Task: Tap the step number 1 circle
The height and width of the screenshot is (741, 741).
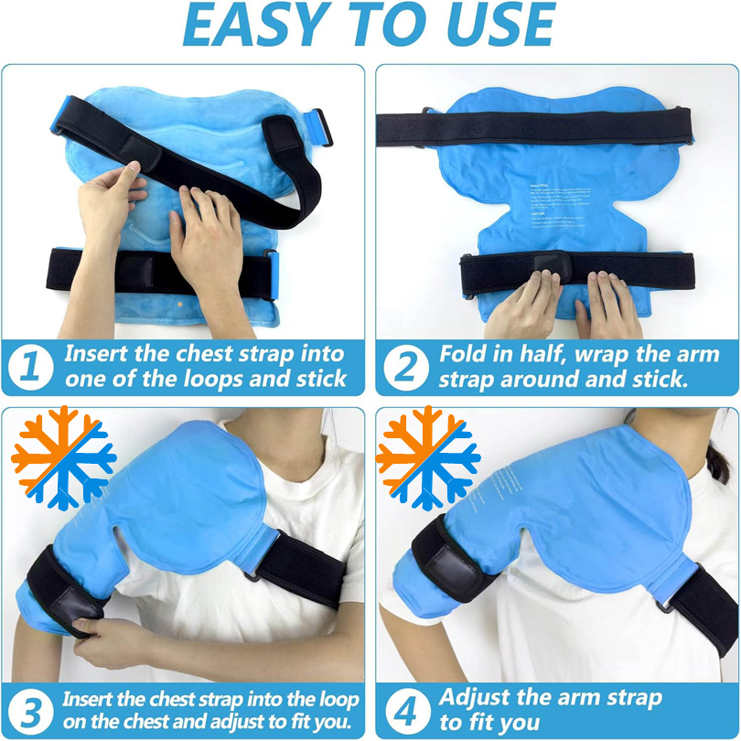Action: [x=29, y=367]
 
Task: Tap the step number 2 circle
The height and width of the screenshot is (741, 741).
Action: [x=405, y=367]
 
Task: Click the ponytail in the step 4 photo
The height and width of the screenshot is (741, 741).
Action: [x=718, y=457]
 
